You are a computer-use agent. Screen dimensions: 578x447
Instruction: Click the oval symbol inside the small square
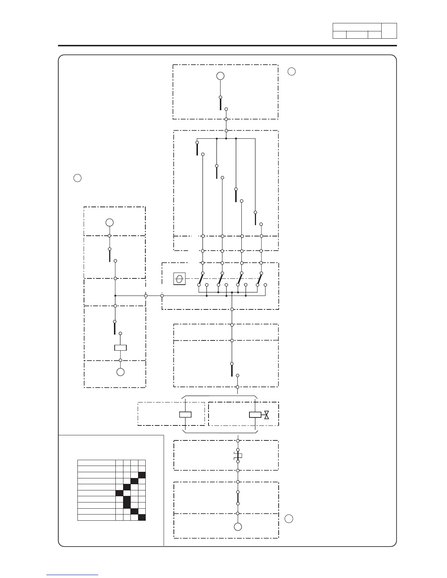(x=179, y=279)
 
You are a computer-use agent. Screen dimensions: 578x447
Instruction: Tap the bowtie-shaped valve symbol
(x=267, y=415)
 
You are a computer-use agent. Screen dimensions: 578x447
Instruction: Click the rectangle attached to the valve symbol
(x=255, y=415)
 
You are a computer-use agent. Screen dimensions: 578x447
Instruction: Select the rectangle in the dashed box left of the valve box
(x=186, y=415)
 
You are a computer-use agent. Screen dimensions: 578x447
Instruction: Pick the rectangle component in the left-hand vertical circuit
(x=121, y=348)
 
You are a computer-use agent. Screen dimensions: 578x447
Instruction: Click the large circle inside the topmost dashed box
(x=220, y=76)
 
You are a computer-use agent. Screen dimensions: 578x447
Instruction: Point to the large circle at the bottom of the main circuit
(x=238, y=527)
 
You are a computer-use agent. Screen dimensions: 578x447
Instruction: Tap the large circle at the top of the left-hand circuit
(x=109, y=222)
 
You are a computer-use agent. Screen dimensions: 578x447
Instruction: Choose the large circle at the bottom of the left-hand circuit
(x=120, y=372)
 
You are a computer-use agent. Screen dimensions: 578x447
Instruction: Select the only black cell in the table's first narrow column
(x=119, y=493)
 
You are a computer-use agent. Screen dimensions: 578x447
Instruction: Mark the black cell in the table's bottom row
(x=142, y=517)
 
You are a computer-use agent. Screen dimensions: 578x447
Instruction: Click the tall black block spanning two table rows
(x=127, y=502)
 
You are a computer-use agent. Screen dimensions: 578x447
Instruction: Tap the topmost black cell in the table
(x=142, y=475)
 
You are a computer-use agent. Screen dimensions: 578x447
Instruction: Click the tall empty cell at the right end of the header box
(x=389, y=31)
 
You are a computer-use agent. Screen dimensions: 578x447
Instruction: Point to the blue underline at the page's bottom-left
(x=72, y=575)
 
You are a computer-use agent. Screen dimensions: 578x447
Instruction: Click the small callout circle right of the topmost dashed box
(x=291, y=72)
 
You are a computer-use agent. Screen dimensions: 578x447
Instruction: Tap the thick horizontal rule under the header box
(x=228, y=46)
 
